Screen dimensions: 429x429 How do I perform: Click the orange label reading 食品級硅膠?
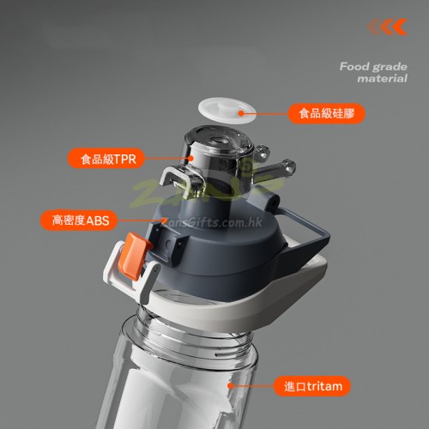tap(326, 113)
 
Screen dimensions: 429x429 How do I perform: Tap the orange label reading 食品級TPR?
tap(106, 158)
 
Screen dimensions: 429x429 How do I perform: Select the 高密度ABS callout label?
tap(79, 221)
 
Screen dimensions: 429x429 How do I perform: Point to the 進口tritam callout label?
tap(312, 386)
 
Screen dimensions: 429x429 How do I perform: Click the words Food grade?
tap(373, 67)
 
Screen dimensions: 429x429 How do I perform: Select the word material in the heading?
tap(383, 78)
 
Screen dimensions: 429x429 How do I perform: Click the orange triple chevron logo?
tap(387, 27)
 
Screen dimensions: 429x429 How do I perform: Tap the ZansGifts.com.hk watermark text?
tap(212, 222)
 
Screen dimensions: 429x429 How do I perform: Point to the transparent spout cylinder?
tap(217, 160)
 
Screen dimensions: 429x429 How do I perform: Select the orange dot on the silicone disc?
tap(241, 113)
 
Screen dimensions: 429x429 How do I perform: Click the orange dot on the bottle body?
tap(230, 386)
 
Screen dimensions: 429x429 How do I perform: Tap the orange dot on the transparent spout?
tap(191, 158)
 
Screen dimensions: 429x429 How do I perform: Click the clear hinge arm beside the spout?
tap(275, 169)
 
